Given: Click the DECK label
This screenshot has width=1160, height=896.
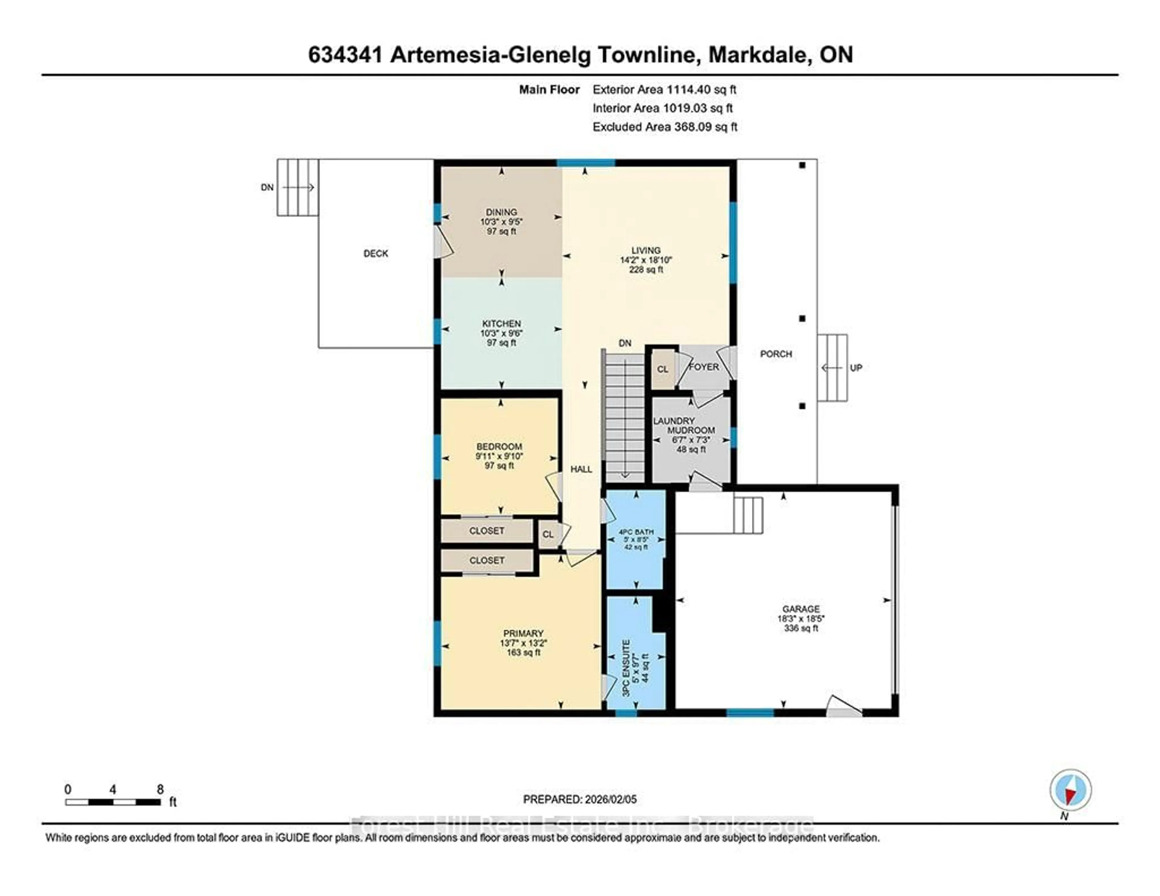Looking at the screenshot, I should (x=375, y=253).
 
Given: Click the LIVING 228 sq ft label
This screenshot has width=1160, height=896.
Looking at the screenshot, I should (x=646, y=260).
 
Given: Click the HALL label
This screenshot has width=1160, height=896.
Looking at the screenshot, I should (x=581, y=469).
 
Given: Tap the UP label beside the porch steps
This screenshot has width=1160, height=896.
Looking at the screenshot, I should (x=856, y=368).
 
